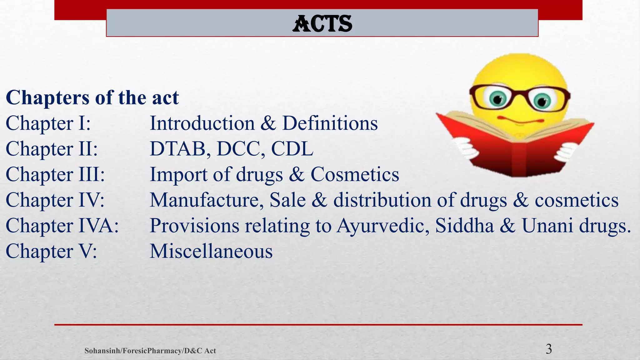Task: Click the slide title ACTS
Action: coord(322,24)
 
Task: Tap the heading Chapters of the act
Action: coord(92,97)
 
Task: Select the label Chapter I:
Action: coord(48,123)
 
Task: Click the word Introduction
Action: coord(202,123)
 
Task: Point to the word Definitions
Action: coord(330,123)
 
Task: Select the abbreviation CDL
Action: coord(292,149)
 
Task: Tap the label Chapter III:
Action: coord(55,174)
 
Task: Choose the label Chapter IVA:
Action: coord(62,226)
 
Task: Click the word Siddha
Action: coord(464,226)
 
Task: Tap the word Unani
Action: coord(547,226)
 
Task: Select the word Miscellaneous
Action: coord(211,251)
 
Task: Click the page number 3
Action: coord(549,349)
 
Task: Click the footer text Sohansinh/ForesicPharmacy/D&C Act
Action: coord(150,351)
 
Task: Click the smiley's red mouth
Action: coord(519,120)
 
